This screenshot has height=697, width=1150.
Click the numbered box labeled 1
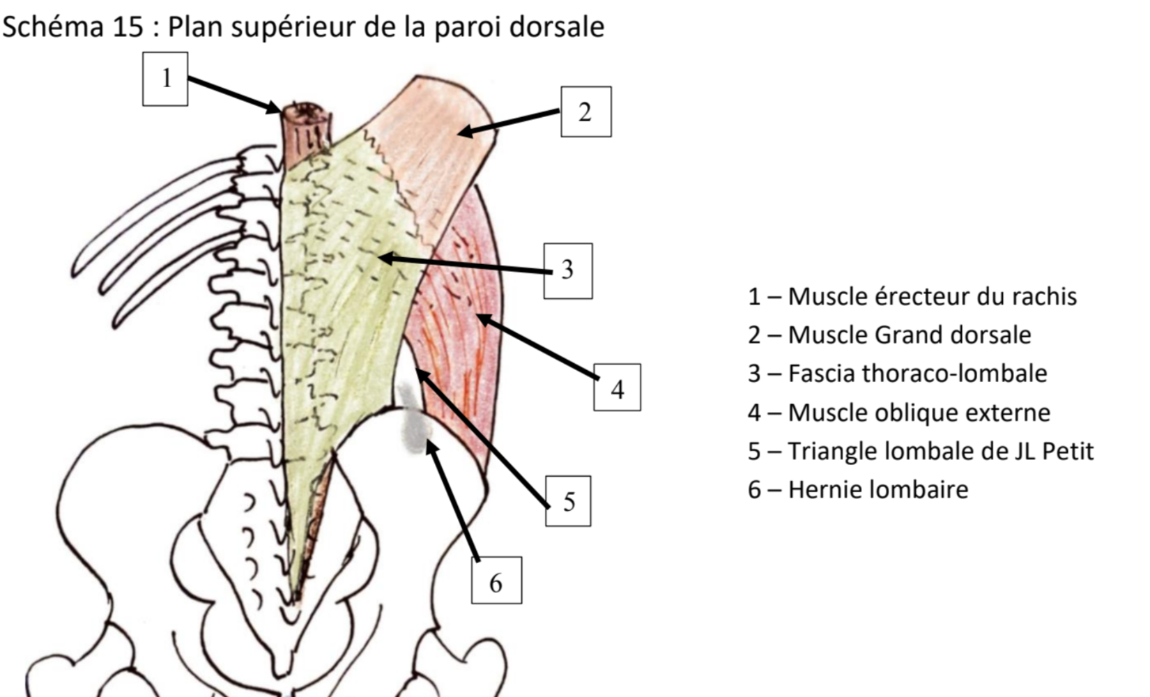[165, 79]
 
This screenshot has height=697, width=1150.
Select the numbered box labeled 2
[586, 112]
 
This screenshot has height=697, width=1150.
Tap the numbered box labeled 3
[568, 270]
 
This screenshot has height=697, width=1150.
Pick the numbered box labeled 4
[617, 388]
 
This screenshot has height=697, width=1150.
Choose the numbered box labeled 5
[568, 501]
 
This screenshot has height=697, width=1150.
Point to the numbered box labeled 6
[496, 580]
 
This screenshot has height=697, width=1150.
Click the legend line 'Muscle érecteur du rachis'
[912, 297]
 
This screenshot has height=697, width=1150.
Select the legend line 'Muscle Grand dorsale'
[889, 335]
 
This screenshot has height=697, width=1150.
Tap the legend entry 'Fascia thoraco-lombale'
[897, 374]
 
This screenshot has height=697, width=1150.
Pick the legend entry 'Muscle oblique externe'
[899, 413]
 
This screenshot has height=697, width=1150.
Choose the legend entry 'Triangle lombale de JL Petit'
[920, 451]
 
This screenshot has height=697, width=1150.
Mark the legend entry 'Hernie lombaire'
[858, 489]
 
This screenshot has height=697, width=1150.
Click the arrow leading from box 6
[453, 502]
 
